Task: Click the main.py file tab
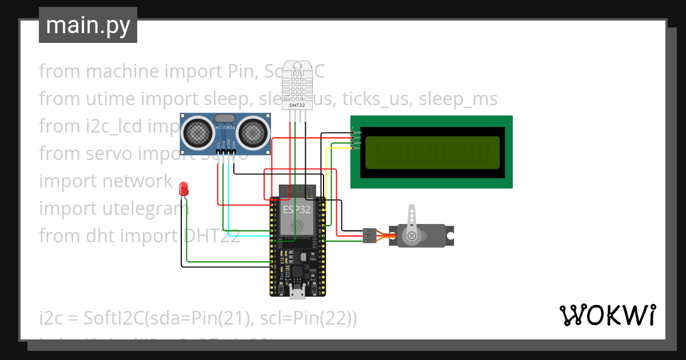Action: tap(87, 25)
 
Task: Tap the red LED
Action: tap(184, 187)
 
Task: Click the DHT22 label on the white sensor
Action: tap(297, 105)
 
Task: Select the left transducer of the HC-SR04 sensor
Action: tap(196, 133)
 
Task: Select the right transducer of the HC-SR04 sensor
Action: tap(252, 133)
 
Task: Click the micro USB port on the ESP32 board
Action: tap(297, 293)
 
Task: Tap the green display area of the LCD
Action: tap(431, 153)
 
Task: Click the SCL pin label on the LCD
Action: tap(357, 148)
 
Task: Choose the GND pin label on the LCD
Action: tap(358, 133)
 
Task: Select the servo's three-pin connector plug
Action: tap(369, 235)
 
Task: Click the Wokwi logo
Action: tap(607, 315)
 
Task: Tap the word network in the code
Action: tap(137, 181)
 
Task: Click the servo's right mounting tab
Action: tap(450, 235)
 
